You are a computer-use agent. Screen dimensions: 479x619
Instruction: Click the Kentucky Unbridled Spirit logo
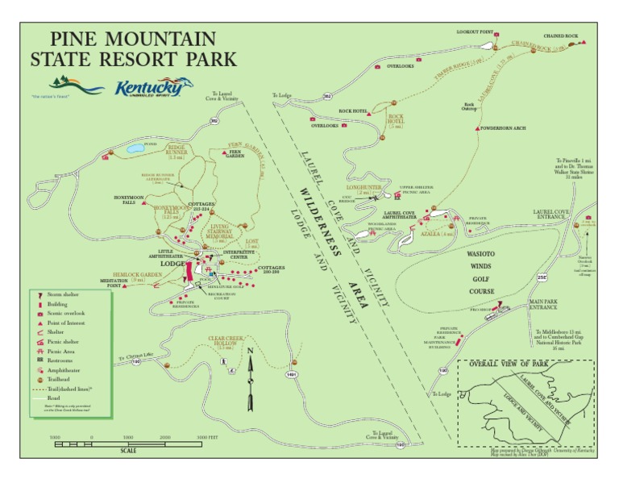153,87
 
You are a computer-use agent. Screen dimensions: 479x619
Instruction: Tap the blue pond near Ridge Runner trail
135,149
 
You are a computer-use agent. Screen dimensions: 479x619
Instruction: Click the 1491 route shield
290,374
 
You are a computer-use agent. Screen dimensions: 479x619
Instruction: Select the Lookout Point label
474,31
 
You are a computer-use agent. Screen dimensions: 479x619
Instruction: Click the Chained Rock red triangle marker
582,43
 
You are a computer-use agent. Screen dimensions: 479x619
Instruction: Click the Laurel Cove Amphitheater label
388,215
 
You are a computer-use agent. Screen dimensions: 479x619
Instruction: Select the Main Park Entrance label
542,304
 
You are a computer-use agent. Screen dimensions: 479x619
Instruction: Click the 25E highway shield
542,278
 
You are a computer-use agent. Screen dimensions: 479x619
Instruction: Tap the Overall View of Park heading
513,364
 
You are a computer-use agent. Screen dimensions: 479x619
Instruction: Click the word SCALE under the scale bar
128,450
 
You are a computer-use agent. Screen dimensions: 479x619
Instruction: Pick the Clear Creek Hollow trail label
226,343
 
